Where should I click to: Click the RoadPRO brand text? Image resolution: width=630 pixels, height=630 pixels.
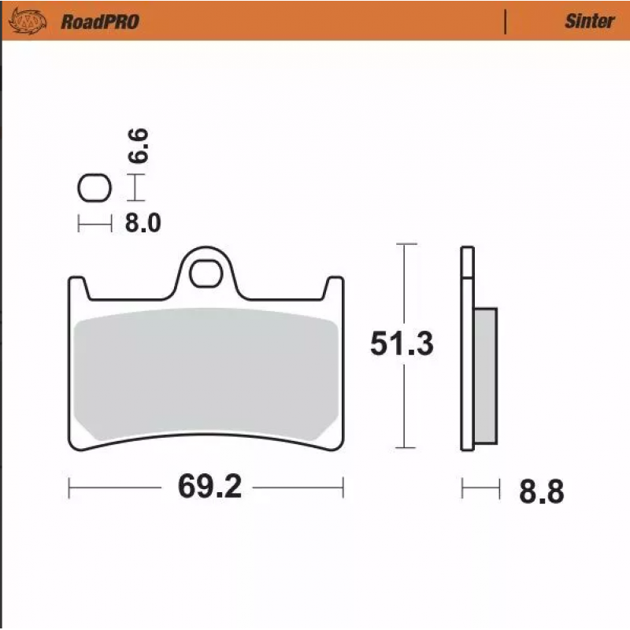pyautogui.click(x=100, y=22)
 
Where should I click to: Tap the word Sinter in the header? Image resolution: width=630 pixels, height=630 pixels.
pyautogui.click(x=589, y=21)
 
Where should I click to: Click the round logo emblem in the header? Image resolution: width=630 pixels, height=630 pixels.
pyautogui.click(x=28, y=21)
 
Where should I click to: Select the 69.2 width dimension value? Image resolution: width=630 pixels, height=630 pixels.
pyautogui.click(x=209, y=487)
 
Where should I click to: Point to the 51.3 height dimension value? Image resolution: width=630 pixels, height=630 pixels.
pyautogui.click(x=402, y=343)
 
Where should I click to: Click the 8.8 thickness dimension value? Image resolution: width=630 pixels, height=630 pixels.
pyautogui.click(x=542, y=491)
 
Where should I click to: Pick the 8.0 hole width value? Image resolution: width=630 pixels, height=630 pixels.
pyautogui.click(x=143, y=223)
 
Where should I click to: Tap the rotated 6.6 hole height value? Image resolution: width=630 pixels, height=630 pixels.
pyautogui.click(x=138, y=146)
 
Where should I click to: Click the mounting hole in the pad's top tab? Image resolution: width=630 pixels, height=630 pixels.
pyautogui.click(x=206, y=273)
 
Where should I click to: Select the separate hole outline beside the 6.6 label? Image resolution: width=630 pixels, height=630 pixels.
pyautogui.click(x=94, y=187)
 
